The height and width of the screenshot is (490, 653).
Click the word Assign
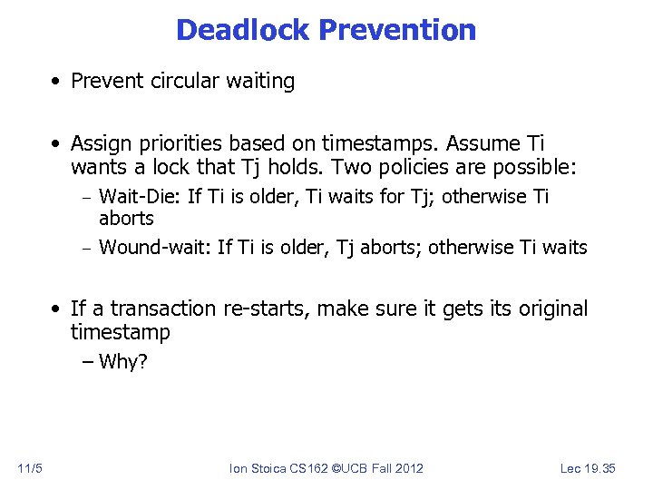click(98, 143)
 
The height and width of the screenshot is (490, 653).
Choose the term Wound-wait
click(153, 247)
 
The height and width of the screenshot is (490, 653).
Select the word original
click(552, 309)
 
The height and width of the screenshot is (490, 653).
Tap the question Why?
click(122, 363)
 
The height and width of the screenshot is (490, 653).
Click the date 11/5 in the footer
click(29, 468)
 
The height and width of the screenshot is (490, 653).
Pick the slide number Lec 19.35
click(588, 468)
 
